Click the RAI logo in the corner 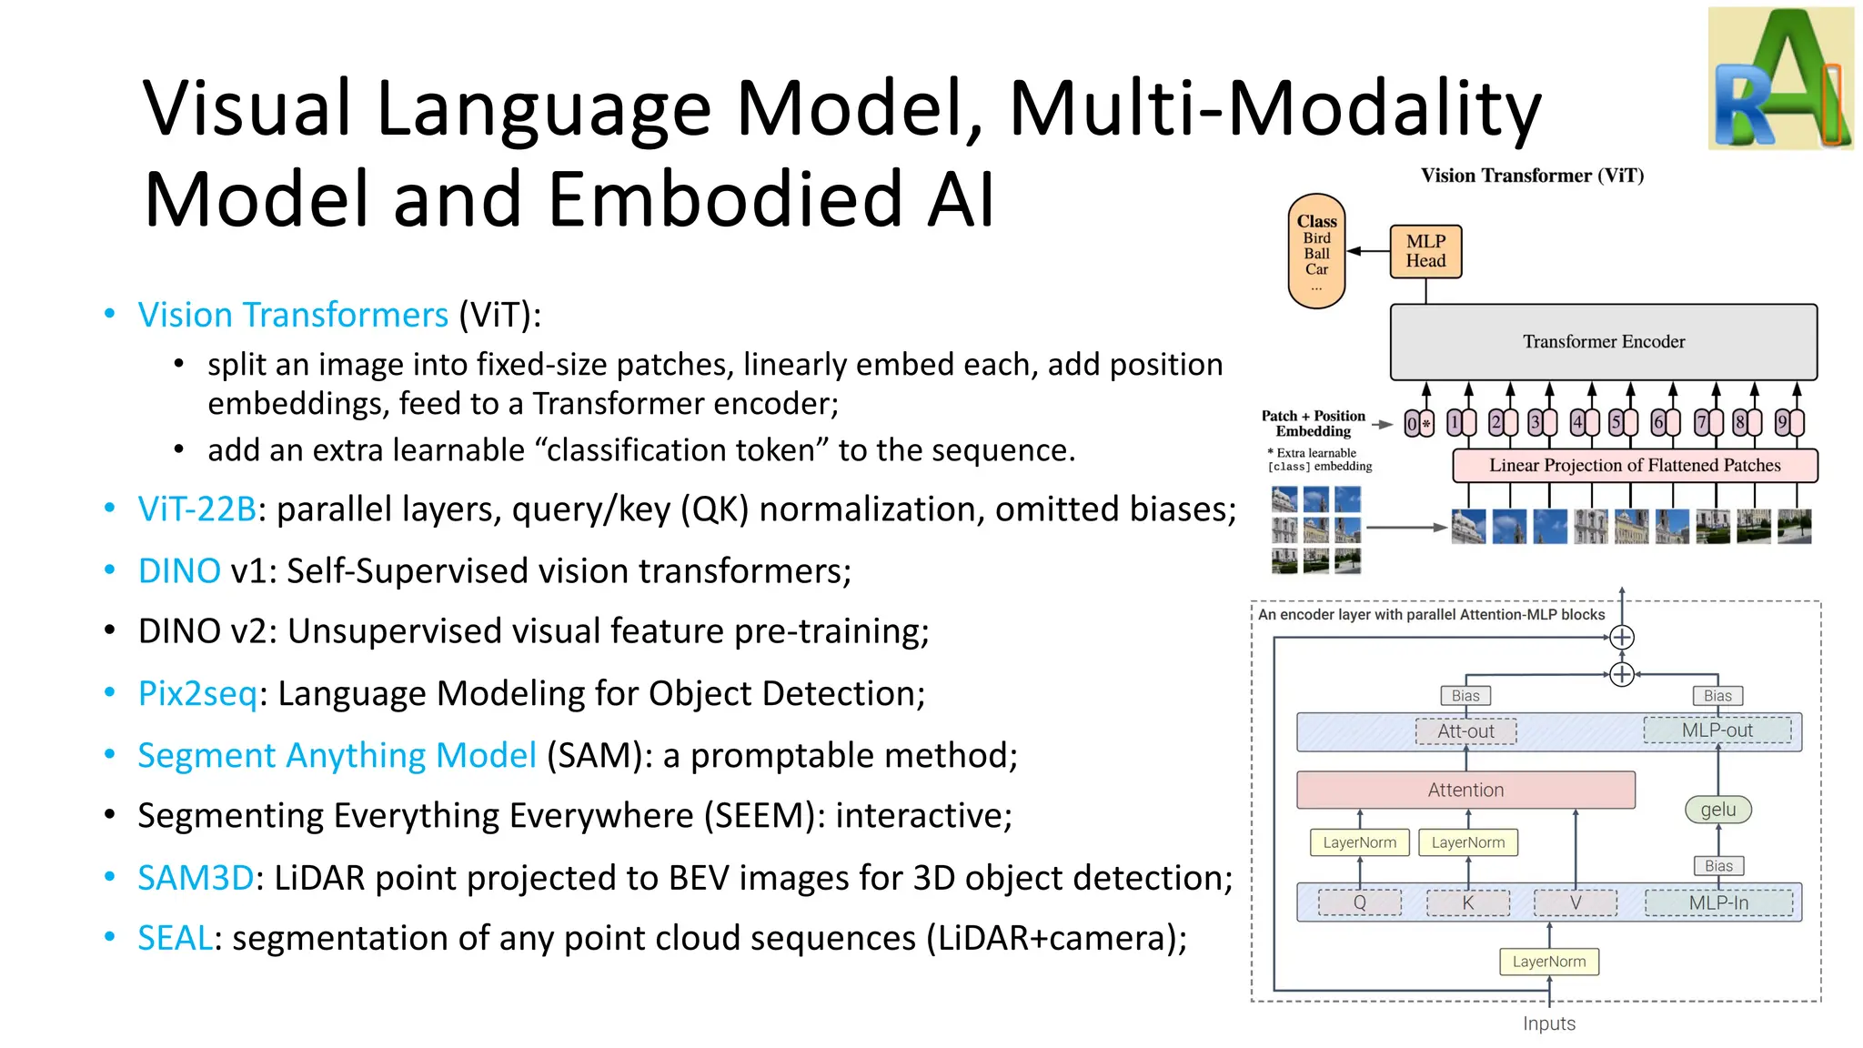[x=1780, y=79]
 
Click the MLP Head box [x=1425, y=252]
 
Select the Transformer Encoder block [x=1603, y=342]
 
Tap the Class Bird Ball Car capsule [x=1316, y=251]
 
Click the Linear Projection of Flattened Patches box [x=1634, y=466]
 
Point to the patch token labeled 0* [x=1418, y=424]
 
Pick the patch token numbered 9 [x=1789, y=423]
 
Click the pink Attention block [x=1465, y=790]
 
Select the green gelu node [x=1717, y=810]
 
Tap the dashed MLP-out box [x=1717, y=731]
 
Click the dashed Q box [x=1359, y=902]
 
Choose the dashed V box [x=1575, y=902]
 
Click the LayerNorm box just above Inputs [x=1548, y=962]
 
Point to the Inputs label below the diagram [x=1548, y=1023]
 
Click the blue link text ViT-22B [x=196, y=509]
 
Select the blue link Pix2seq [x=197, y=694]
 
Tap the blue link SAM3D [x=195, y=878]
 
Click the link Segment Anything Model [x=337, y=756]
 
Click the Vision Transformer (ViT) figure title [x=1532, y=176]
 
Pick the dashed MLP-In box [x=1717, y=902]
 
